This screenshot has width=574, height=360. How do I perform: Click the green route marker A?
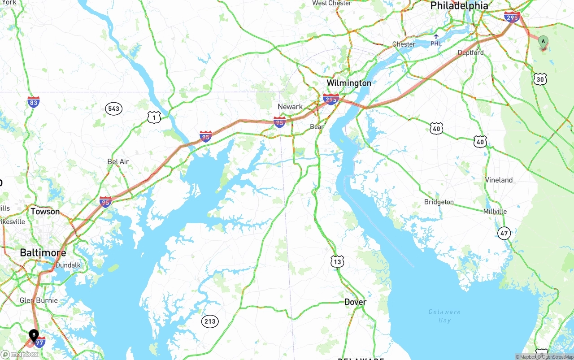543,43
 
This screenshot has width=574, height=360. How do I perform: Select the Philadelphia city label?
459,6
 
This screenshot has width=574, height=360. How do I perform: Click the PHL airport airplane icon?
436,35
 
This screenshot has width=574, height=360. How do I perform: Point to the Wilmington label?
348,83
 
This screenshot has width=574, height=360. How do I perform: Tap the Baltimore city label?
43,253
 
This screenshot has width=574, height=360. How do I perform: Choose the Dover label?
355,302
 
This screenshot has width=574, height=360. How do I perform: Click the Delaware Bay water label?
444,316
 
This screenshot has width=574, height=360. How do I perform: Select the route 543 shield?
114,108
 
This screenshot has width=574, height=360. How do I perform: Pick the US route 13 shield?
337,262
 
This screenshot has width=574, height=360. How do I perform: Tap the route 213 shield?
209,321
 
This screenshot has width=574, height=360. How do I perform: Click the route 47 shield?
504,233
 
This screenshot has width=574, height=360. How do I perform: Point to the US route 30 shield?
540,79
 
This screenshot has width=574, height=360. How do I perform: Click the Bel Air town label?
118,161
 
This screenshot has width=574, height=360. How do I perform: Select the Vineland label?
499,180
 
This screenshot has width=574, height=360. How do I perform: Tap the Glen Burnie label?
39,300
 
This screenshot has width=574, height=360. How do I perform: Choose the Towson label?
45,211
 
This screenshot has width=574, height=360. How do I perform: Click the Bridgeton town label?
439,202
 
